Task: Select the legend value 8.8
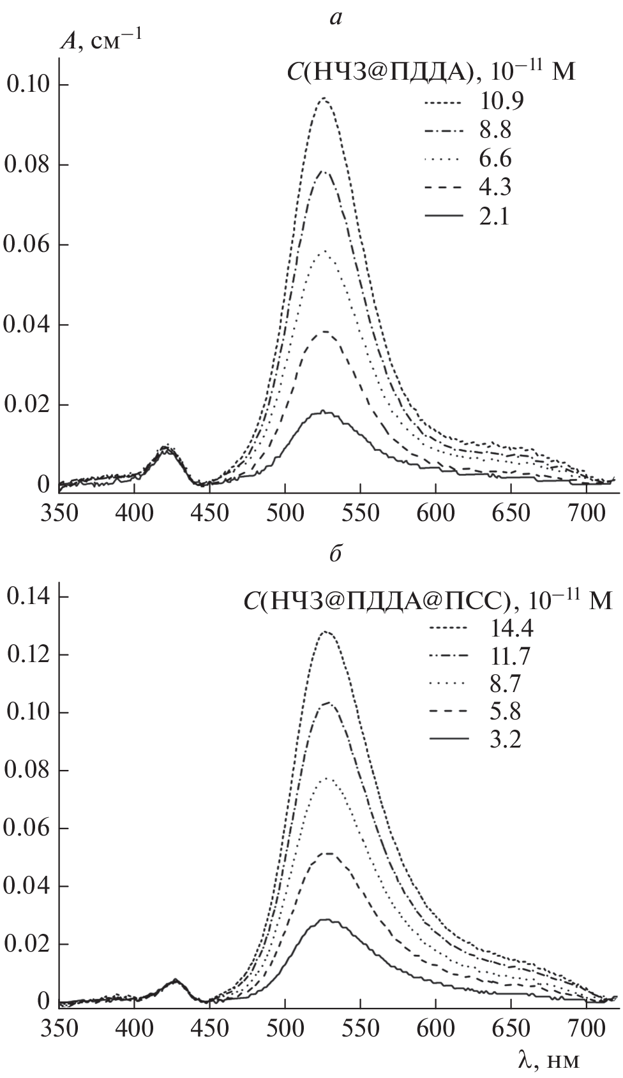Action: [492, 132]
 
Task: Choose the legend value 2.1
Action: [492, 218]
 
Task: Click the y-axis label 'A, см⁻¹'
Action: [101, 41]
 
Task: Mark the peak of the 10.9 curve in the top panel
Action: [324, 98]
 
